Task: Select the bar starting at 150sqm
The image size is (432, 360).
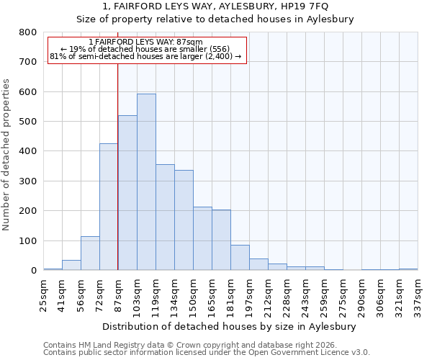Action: (202, 238)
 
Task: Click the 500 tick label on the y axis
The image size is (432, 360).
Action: (27, 122)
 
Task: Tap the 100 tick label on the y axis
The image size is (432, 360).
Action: (27, 241)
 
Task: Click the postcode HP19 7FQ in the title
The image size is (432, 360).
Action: (306, 6)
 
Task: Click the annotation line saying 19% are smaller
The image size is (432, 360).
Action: (146, 49)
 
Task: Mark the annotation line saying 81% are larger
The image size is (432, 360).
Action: (146, 56)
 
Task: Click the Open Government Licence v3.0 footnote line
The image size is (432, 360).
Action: (207, 352)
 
